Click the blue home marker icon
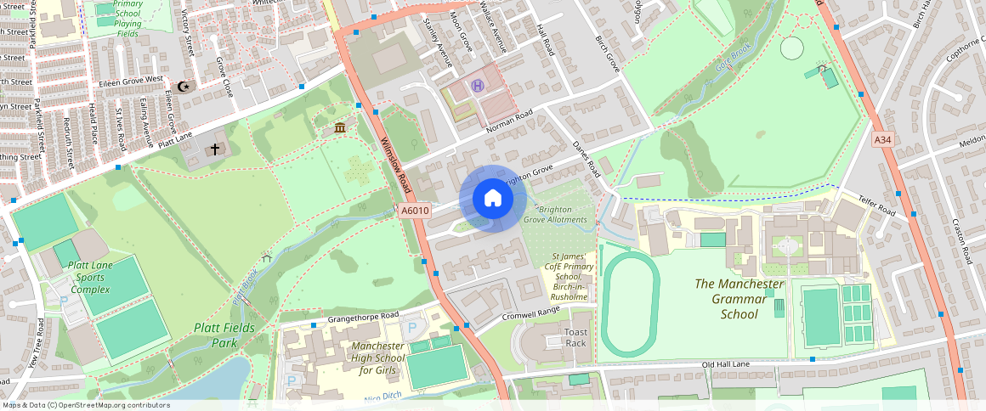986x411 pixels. [x=493, y=199]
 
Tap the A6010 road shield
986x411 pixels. [x=415, y=211]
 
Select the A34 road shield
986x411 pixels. [x=884, y=138]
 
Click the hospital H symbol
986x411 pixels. [x=478, y=85]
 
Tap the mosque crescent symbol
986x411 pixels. [x=183, y=86]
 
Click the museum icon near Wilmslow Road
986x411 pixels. [x=340, y=127]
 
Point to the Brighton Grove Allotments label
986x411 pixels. [x=555, y=214]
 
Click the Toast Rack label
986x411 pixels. [x=576, y=337]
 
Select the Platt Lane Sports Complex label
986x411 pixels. [x=89, y=278]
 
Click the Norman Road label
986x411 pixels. [x=508, y=121]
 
